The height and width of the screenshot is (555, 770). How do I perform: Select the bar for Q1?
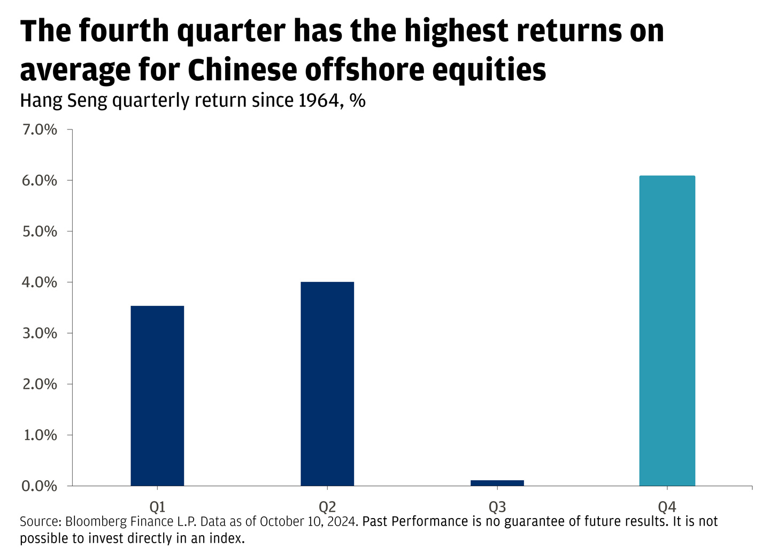tap(157, 396)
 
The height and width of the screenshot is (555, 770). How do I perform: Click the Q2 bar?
tap(327, 384)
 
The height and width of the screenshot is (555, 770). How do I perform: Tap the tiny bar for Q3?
tap(497, 483)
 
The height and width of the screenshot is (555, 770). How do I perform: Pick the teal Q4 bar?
tap(667, 330)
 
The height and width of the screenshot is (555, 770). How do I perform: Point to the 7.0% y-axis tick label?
tap(40, 130)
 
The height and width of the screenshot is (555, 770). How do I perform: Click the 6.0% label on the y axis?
tap(40, 181)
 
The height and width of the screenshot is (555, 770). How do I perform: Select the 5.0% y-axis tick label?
tap(40, 232)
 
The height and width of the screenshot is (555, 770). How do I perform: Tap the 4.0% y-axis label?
tap(40, 282)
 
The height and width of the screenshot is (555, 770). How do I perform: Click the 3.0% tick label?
tap(40, 333)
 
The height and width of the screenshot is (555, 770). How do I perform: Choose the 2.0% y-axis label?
tap(40, 384)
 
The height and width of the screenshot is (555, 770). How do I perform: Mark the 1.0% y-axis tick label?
tap(40, 435)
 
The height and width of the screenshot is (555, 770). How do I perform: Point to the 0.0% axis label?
tap(40, 486)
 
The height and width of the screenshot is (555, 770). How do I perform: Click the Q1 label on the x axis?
tap(157, 507)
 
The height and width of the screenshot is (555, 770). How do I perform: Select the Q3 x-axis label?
tap(497, 507)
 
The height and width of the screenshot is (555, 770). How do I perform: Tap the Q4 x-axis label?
tap(667, 507)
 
